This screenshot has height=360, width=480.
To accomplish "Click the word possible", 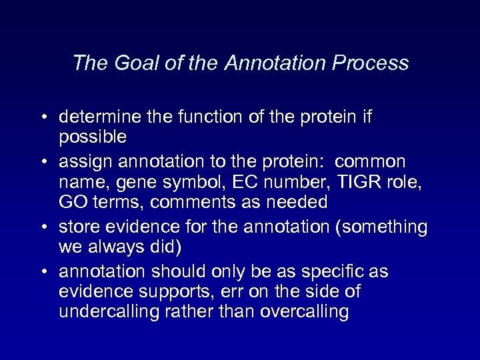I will tap(92, 137).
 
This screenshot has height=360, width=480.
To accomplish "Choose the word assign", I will tap(80, 162).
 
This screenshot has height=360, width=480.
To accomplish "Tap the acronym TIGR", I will tap(351, 182).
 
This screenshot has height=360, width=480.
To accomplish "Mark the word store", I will tap(78, 227).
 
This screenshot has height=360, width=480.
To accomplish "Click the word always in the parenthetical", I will tap(116, 247).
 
